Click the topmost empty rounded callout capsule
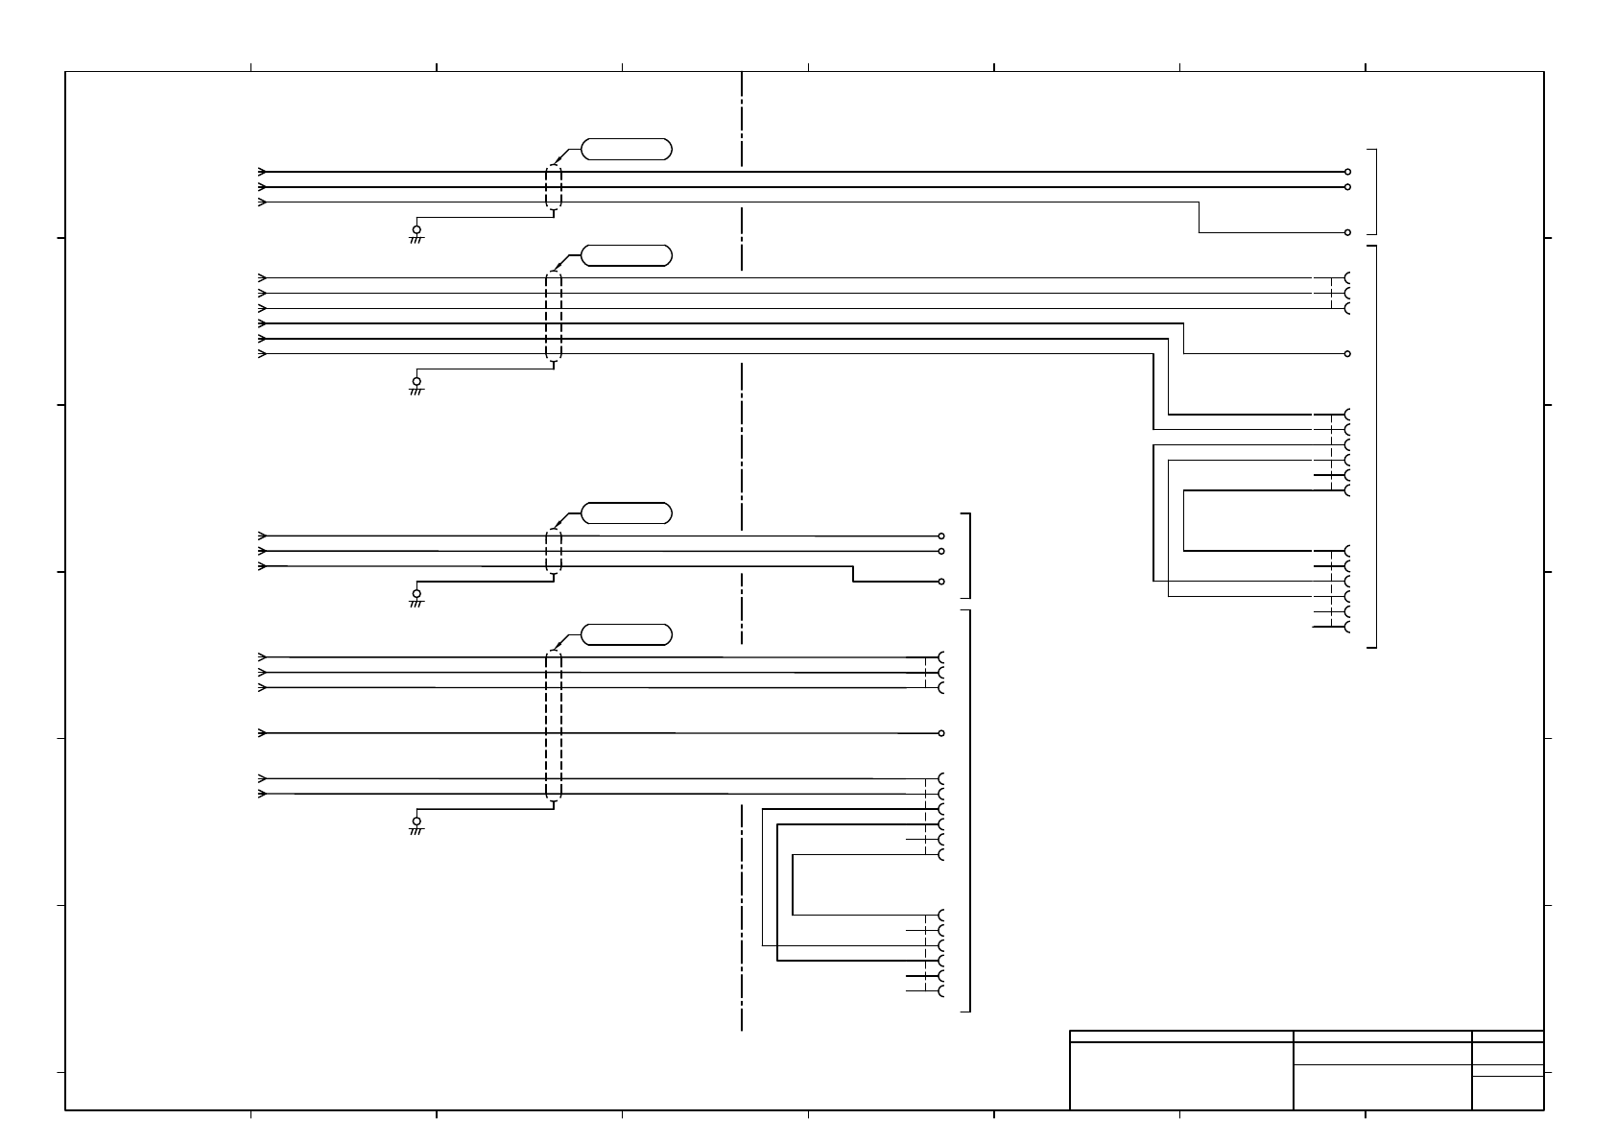627,149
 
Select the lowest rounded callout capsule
627,634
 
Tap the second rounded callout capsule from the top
627,255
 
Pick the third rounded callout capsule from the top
627,512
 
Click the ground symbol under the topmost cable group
416,232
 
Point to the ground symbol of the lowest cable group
416,823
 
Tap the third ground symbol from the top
416,596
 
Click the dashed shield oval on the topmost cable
553,187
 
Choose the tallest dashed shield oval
553,726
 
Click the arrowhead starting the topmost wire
262,172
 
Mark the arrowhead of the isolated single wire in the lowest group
262,733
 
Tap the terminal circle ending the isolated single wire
941,733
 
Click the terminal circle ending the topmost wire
1348,172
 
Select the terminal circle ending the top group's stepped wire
1348,232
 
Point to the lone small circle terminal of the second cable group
1348,354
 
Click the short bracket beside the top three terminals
1376,191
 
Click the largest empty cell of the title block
1181,1076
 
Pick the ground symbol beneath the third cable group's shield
416,596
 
